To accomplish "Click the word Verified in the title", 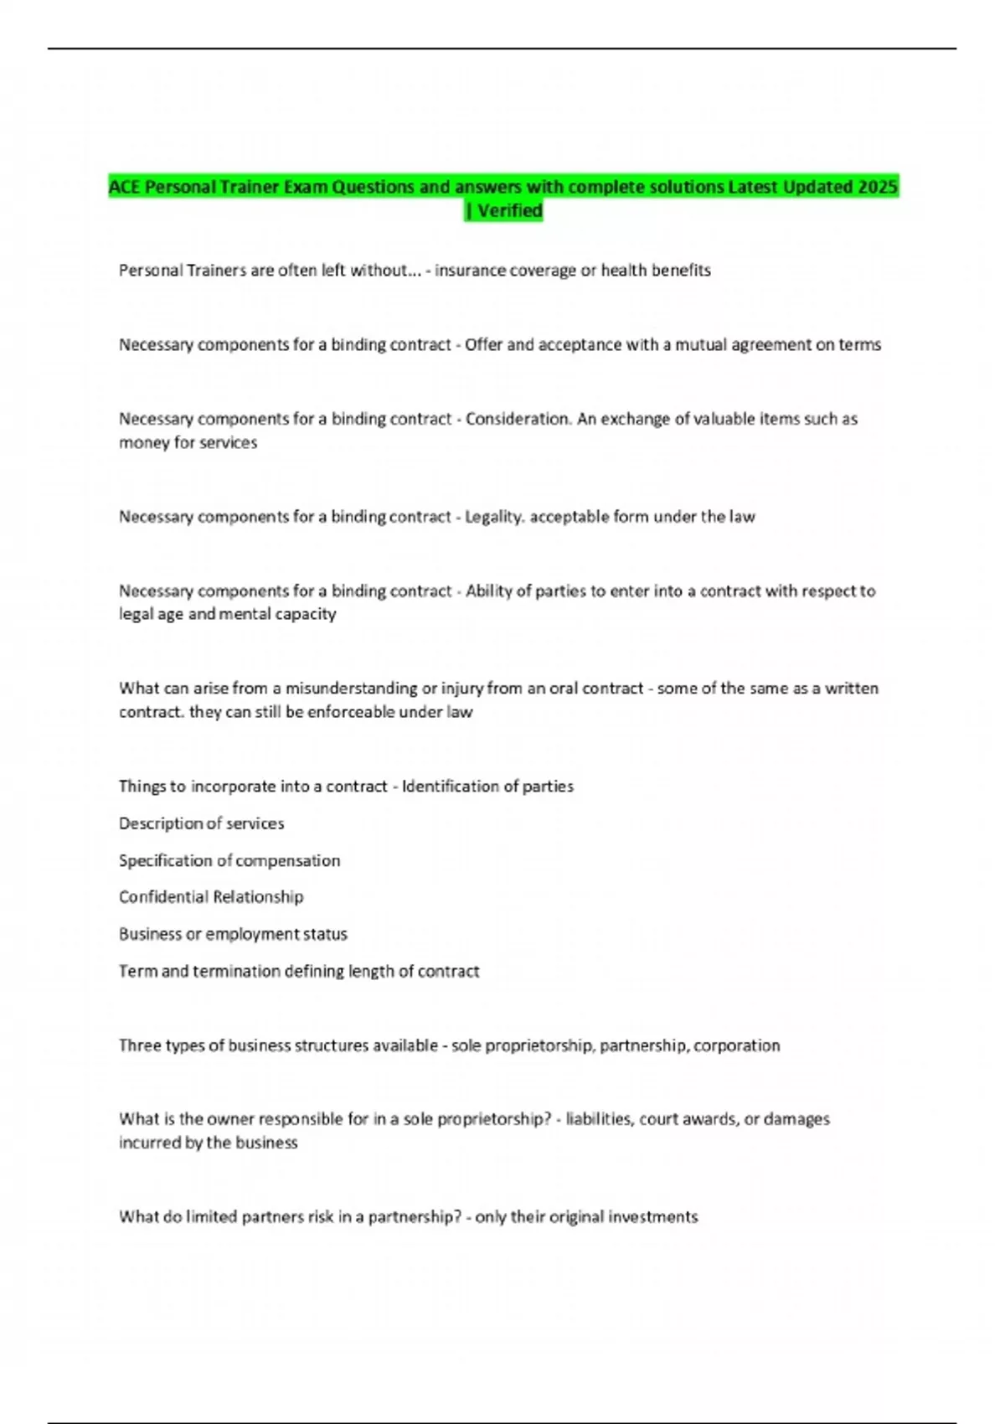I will coord(510,210).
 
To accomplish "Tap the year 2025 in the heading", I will coord(878,187).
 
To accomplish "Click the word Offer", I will coord(483,344).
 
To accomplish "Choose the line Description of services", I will coord(201,823).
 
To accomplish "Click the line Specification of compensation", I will coord(229,860).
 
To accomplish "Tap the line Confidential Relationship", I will coord(211,897).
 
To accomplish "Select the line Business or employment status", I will coord(233,934).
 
